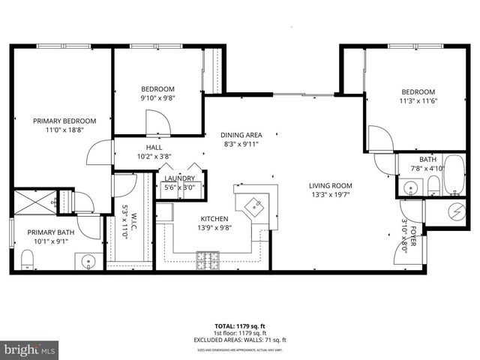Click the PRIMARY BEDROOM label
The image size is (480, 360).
[64, 121]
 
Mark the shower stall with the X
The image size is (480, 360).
[33, 202]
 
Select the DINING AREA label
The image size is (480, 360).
[241, 135]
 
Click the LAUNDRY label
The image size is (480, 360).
[180, 178]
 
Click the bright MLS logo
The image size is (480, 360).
[30, 349]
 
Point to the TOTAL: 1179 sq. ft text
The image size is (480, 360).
[240, 326]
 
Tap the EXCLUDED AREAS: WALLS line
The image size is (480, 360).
[240, 339]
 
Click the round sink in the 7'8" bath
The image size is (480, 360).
[412, 187]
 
